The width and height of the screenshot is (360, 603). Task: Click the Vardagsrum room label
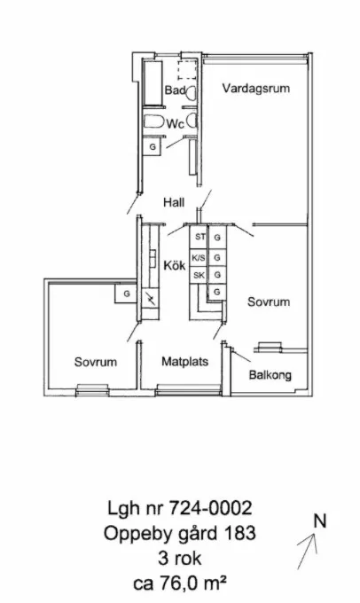pyautogui.click(x=255, y=89)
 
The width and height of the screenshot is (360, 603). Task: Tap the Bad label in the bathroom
pyautogui.click(x=175, y=90)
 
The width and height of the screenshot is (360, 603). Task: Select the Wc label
pyautogui.click(x=175, y=124)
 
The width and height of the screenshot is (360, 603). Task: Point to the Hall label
pyautogui.click(x=174, y=202)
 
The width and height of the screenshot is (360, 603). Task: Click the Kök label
pyautogui.click(x=175, y=265)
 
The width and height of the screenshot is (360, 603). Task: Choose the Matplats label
pyautogui.click(x=185, y=362)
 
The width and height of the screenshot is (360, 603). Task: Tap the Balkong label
pyautogui.click(x=270, y=374)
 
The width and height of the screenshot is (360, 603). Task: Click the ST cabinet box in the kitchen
pyautogui.click(x=199, y=238)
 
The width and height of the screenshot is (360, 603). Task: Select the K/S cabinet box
pyautogui.click(x=199, y=258)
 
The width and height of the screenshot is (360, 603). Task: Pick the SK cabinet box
pyautogui.click(x=199, y=276)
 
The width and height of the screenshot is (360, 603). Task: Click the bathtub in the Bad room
pyautogui.click(x=153, y=82)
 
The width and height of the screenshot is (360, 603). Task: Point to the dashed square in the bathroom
pyautogui.click(x=187, y=70)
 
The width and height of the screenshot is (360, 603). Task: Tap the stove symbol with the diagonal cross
pyautogui.click(x=150, y=299)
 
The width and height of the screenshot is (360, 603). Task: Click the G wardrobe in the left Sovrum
pyautogui.click(x=126, y=294)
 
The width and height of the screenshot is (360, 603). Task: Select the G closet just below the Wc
pyautogui.click(x=153, y=147)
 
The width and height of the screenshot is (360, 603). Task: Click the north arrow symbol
pyautogui.click(x=307, y=551)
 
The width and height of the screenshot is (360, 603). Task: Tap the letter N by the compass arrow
pyautogui.click(x=319, y=521)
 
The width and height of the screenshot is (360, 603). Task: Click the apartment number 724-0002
pyautogui.click(x=210, y=508)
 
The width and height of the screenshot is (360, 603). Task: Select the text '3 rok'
pyautogui.click(x=180, y=559)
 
